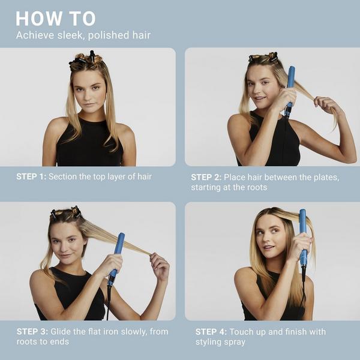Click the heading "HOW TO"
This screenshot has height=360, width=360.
point(55,18)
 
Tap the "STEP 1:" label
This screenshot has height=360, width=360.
point(31,176)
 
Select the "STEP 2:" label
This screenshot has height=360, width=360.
point(206,177)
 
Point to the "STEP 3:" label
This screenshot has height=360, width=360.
point(31,331)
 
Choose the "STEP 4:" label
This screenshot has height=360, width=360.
point(211,331)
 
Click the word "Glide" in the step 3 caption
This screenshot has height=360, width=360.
point(61,331)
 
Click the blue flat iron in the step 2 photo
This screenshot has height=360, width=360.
point(290,84)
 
